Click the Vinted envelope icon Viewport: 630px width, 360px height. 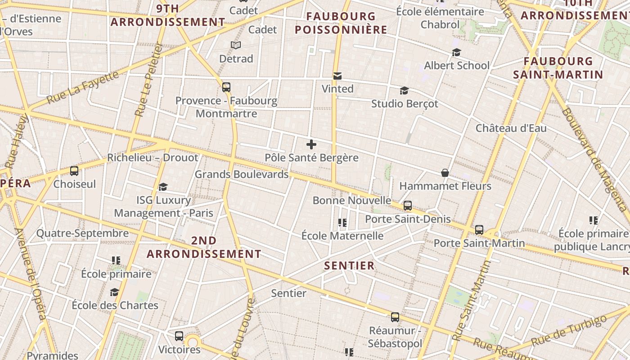(337, 76)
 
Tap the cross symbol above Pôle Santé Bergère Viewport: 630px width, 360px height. (311, 144)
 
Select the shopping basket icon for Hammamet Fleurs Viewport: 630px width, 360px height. (445, 173)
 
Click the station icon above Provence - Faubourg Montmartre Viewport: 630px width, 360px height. (226, 87)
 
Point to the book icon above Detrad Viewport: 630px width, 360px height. (236, 45)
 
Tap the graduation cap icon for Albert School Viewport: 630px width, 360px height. (456, 52)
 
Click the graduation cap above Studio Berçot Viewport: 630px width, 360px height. (404, 90)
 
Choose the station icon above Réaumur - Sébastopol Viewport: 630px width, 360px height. (395, 317)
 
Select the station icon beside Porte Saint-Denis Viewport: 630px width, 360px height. (408, 206)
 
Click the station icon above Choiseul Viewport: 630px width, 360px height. (74, 171)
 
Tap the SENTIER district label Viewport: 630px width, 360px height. (350, 265)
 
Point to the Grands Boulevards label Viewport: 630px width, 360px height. (242, 174)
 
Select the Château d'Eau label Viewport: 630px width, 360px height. (511, 128)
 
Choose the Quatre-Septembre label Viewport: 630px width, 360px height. (82, 233)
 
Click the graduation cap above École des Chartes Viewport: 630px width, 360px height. (114, 292)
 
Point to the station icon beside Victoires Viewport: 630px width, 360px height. (179, 336)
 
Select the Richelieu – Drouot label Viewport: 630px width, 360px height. (153, 157)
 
